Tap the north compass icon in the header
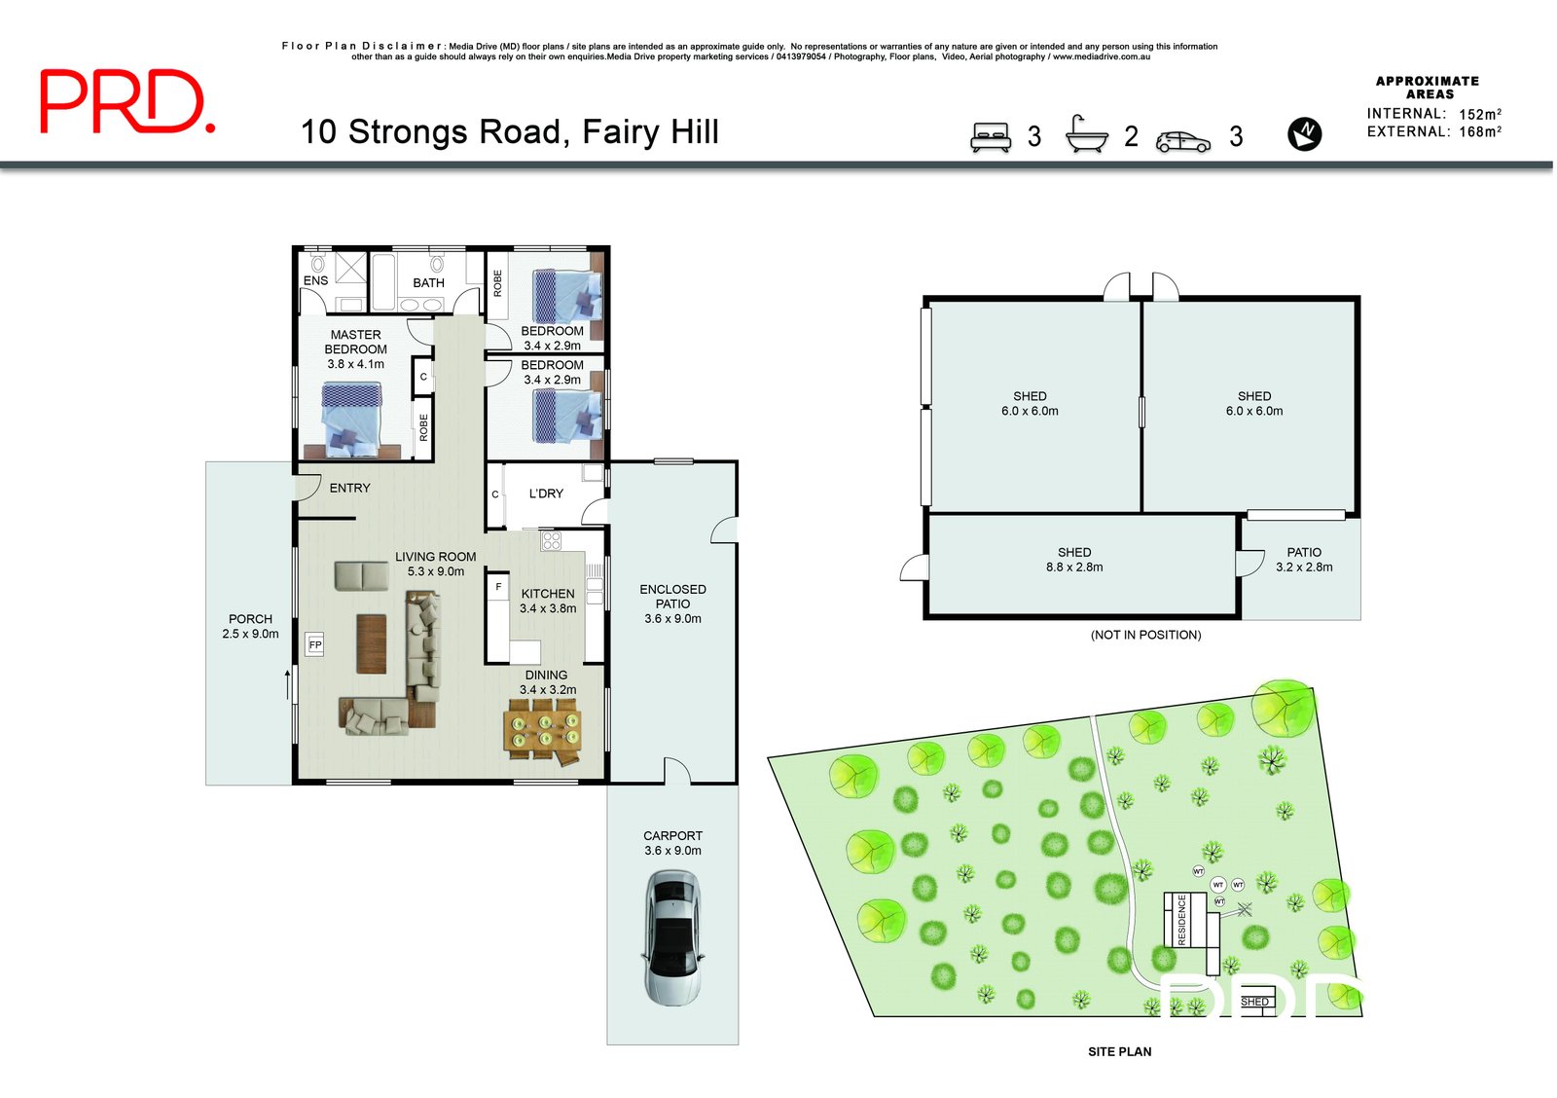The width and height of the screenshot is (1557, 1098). (x=1304, y=133)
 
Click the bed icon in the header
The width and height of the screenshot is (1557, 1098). (x=991, y=136)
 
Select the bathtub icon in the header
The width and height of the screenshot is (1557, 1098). (x=1086, y=134)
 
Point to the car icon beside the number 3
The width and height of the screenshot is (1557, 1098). (x=1183, y=142)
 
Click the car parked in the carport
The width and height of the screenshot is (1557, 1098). (x=672, y=937)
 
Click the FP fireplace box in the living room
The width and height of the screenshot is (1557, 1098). (x=314, y=644)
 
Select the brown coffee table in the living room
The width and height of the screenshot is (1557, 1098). (x=371, y=642)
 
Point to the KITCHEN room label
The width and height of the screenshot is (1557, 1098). (x=548, y=594)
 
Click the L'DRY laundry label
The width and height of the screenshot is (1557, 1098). (x=546, y=494)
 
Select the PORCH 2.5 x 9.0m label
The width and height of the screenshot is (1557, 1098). (x=250, y=626)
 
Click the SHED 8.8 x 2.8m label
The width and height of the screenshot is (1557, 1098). (x=1074, y=560)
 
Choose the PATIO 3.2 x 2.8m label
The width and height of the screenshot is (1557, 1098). (x=1304, y=560)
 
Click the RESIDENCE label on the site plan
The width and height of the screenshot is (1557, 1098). (x=1182, y=920)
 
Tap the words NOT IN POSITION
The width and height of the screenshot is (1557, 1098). (x=1145, y=635)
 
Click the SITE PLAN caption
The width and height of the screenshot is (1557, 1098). (x=1119, y=1051)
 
